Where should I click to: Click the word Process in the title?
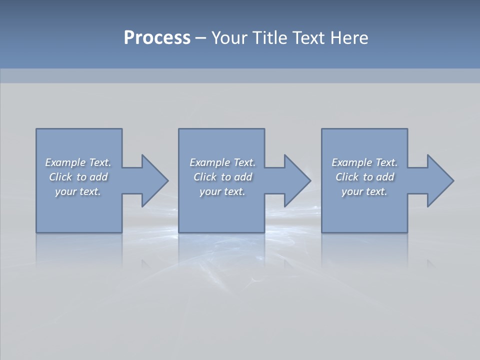coord(157,38)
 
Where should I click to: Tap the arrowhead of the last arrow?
coord(439,180)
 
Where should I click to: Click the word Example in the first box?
coord(65,162)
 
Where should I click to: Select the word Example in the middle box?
coord(210,162)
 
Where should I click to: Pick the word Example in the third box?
coord(352,162)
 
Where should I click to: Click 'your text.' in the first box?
coord(78,191)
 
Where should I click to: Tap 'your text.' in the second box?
coord(222,191)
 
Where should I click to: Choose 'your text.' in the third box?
coord(364,191)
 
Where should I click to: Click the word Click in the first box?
coord(60,177)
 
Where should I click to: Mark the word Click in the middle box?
coord(205,177)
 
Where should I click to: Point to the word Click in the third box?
coord(347,177)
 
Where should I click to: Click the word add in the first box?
coord(98,177)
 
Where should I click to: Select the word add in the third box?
coord(385,177)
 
